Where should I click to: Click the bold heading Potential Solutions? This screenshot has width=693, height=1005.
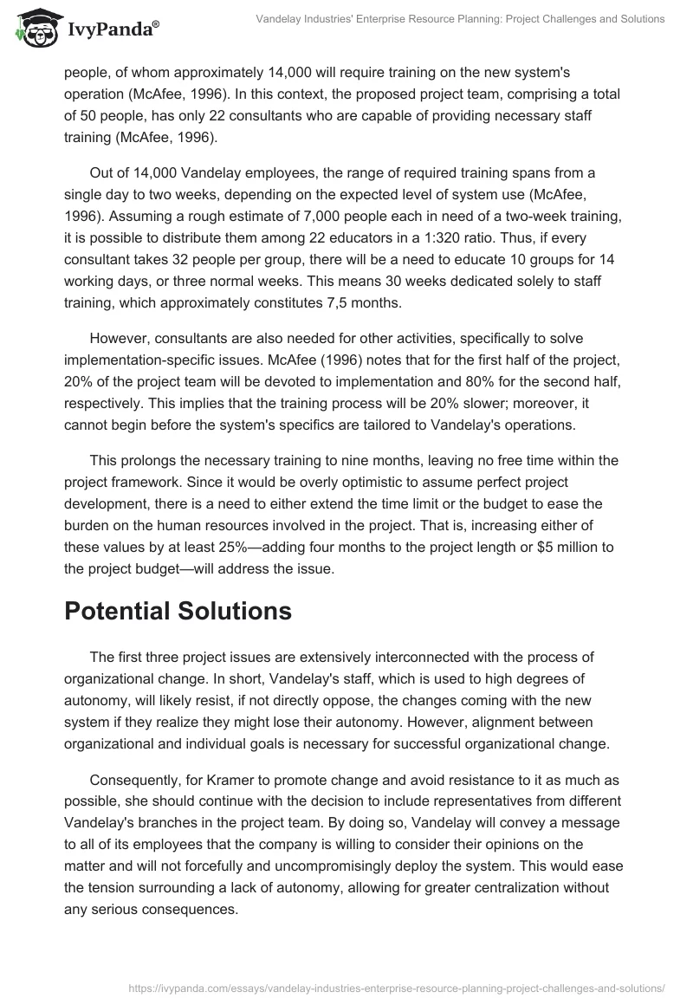click(178, 610)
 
